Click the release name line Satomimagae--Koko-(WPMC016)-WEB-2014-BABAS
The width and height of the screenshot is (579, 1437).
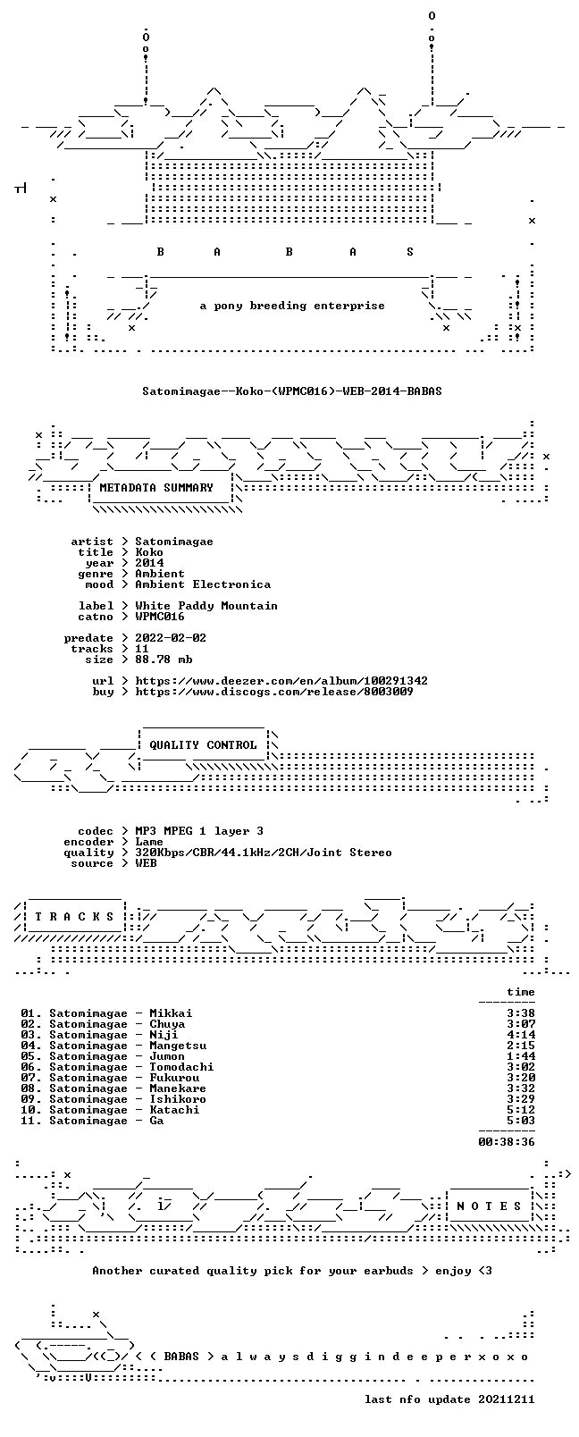(292, 391)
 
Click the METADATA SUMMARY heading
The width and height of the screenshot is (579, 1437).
(156, 488)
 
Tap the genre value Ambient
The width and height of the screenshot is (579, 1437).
(160, 574)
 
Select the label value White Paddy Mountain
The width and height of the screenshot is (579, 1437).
(206, 606)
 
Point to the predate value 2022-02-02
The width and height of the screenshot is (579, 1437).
(171, 638)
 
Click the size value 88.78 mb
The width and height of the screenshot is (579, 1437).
(164, 660)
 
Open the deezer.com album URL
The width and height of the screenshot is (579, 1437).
(281, 681)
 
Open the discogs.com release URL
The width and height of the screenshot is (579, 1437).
(274, 692)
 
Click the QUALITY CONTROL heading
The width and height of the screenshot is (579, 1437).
(203, 744)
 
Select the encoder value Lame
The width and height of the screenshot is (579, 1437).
(149, 842)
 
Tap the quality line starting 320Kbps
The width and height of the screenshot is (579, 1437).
(264, 853)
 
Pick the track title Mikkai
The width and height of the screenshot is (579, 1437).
(171, 1013)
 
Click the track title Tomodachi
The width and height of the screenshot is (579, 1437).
(181, 1067)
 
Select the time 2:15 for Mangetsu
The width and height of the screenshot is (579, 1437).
(521, 1046)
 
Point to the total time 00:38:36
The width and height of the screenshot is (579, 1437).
(507, 1142)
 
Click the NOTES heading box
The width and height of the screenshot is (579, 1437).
(490, 1206)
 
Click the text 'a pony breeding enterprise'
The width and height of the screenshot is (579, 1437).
(292, 306)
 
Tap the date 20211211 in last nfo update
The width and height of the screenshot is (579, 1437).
(507, 1399)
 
